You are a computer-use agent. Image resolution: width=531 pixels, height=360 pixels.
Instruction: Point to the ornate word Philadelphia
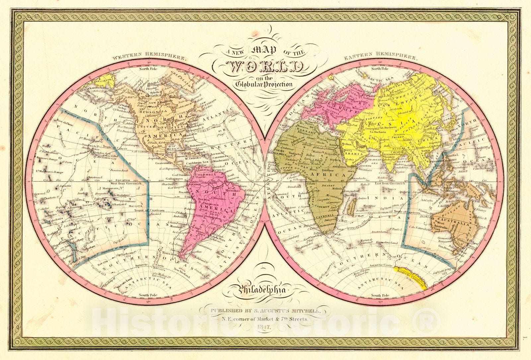pyautogui.click(x=261, y=291)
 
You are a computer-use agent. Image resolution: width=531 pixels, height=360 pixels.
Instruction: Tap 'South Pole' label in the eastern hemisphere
pyautogui.click(x=380, y=295)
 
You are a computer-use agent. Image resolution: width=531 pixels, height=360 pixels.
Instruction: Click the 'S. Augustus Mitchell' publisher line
pyautogui.click(x=264, y=311)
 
